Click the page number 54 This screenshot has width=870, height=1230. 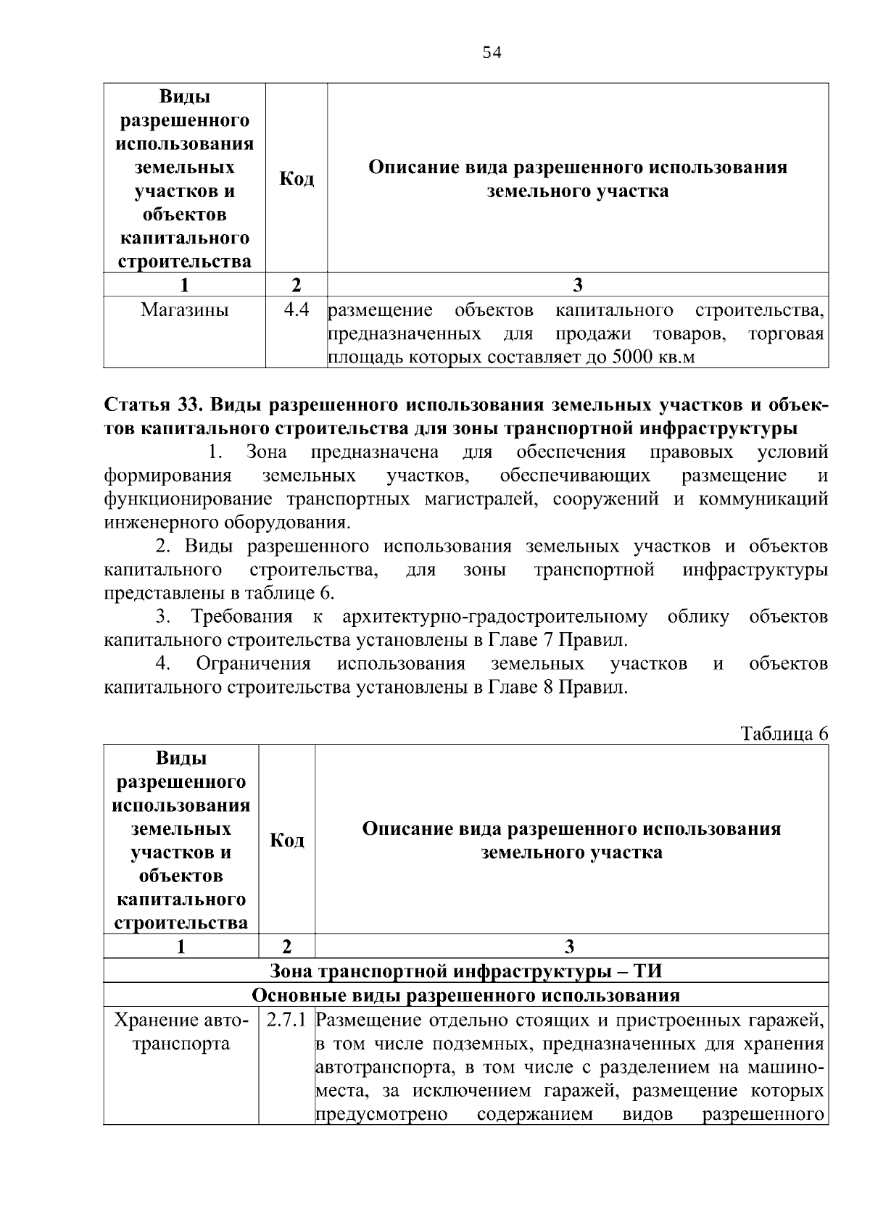coord(492,53)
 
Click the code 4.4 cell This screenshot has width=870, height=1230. coord(297,310)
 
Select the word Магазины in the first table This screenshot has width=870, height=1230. coord(184,310)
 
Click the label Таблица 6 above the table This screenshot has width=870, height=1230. coord(784,734)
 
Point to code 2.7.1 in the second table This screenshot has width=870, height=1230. coord(286,1021)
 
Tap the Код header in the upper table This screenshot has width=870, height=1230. coord(297,179)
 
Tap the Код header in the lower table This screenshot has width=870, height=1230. coord(287,840)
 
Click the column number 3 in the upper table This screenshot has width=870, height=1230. coord(578,285)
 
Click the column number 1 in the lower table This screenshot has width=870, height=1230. coord(181,946)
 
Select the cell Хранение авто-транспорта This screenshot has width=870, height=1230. coord(181,1032)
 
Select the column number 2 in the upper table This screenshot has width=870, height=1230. coord(296,285)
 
